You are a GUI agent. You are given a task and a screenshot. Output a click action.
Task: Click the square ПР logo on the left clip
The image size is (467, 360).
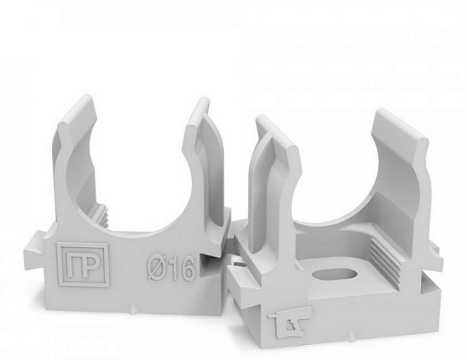pyautogui.click(x=83, y=265)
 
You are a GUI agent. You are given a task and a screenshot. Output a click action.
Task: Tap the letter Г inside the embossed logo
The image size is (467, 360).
pyautogui.click(x=73, y=265)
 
